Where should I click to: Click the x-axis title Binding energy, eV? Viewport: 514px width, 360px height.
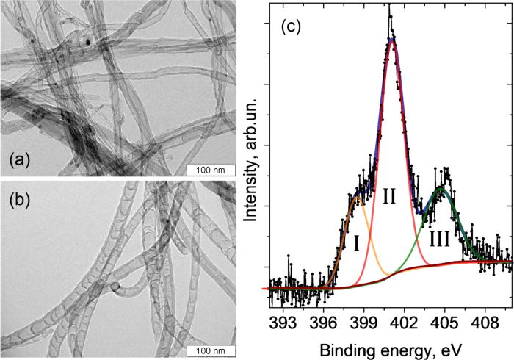tap(388, 345)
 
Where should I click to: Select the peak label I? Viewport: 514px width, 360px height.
tap(356, 242)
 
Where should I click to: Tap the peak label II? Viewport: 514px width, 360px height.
tap(389, 195)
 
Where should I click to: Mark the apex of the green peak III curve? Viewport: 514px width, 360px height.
tap(441, 188)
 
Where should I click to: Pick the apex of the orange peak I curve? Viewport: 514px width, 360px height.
tap(358, 196)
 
